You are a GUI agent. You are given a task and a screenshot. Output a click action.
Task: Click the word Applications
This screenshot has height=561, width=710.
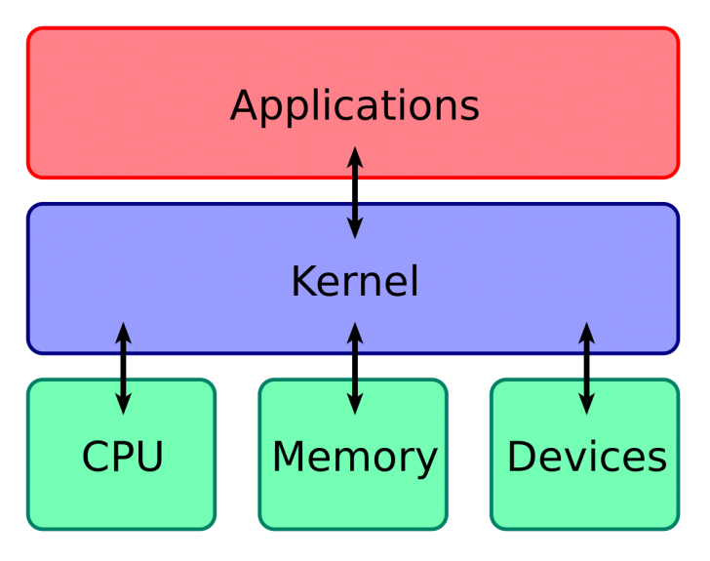click(x=354, y=105)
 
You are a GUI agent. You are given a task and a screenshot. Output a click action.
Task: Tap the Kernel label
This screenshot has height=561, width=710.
click(x=354, y=282)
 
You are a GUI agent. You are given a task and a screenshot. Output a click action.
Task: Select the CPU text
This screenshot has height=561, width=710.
click(x=123, y=457)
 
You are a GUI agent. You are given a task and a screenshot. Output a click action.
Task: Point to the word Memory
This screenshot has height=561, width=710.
click(x=354, y=457)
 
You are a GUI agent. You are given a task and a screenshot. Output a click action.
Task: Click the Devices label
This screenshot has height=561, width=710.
click(x=586, y=457)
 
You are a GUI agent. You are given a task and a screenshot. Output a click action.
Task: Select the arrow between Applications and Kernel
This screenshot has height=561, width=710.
click(x=355, y=193)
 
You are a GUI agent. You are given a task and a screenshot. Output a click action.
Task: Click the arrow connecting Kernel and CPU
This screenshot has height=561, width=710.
click(x=123, y=368)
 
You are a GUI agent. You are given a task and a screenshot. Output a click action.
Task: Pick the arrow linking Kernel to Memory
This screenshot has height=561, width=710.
click(x=355, y=368)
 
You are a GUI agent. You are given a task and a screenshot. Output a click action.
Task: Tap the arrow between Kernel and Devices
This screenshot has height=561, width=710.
click(x=586, y=368)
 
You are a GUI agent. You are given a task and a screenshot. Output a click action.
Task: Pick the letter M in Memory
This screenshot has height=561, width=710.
click(x=290, y=457)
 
